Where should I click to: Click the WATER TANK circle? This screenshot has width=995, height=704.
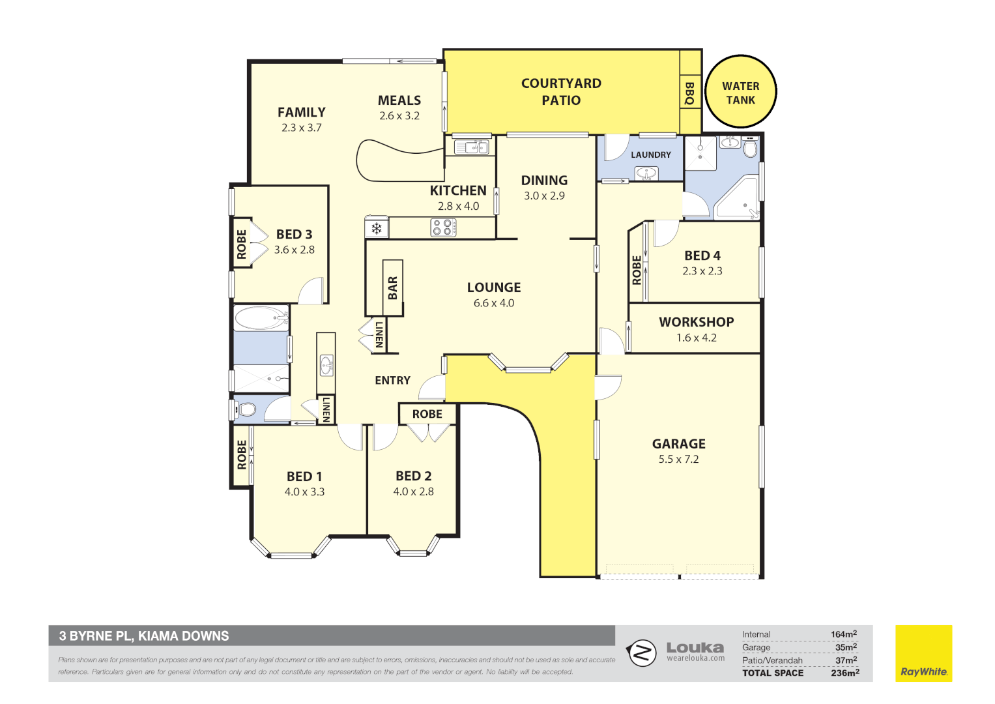[x=741, y=92]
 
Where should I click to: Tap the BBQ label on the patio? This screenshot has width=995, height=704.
[x=689, y=93]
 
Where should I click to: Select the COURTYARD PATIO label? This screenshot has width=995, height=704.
[x=561, y=91]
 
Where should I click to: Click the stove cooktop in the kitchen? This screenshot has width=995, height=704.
[x=443, y=227]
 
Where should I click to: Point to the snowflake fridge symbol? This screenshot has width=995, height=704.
[x=376, y=228]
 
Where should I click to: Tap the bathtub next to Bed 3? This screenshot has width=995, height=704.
[x=261, y=319]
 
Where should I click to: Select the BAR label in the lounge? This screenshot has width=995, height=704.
[x=393, y=287]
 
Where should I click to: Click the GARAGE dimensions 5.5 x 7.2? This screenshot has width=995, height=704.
[x=678, y=460]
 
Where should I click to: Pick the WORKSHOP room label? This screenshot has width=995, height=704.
[x=696, y=322]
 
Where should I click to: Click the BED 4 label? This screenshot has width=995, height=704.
[x=702, y=256]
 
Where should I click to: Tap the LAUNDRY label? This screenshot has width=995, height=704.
[x=650, y=155]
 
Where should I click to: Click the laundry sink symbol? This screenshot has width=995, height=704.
[x=646, y=173]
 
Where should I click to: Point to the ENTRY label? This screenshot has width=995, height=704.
[x=392, y=381]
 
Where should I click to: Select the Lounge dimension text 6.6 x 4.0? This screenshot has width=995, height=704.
[x=493, y=303]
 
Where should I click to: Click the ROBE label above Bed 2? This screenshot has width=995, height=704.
[x=427, y=414]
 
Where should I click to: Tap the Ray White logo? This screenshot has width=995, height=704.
[x=923, y=653]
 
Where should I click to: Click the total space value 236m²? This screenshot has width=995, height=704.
[x=844, y=673]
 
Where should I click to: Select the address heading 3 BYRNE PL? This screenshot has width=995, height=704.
[x=144, y=636]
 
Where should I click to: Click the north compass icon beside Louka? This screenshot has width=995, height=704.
[x=642, y=653]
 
